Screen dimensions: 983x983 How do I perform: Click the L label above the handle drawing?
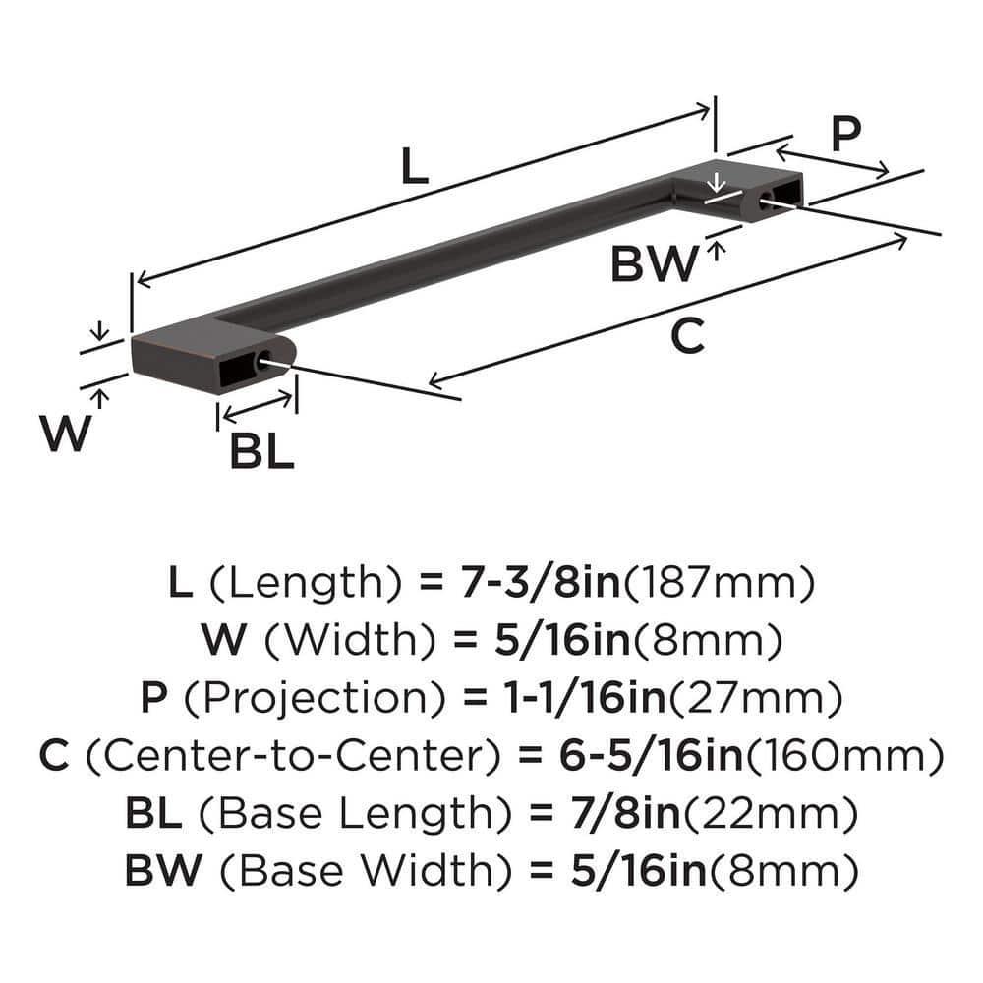click(x=415, y=168)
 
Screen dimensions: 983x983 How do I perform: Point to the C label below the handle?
click(x=687, y=337)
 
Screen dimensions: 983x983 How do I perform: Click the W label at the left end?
click(x=64, y=434)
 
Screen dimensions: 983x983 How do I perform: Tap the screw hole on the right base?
click(x=765, y=202)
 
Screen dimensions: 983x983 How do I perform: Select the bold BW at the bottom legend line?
click(x=158, y=871)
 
